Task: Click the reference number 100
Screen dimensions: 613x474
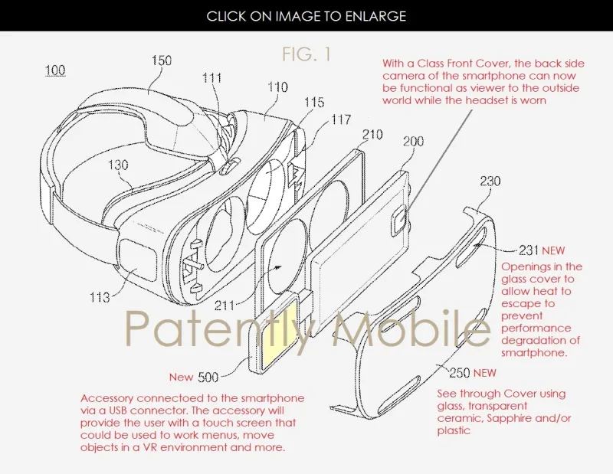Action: [55, 70]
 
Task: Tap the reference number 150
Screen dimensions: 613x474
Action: [161, 60]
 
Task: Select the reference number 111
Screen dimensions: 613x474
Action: [211, 78]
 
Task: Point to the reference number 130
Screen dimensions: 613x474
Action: [118, 165]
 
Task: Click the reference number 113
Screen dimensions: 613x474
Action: [100, 297]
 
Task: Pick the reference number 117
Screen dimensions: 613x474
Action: [340, 119]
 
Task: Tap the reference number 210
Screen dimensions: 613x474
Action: [372, 135]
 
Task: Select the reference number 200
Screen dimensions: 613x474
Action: [413, 141]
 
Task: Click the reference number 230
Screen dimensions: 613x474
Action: [490, 181]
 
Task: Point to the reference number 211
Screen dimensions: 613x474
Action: [225, 306]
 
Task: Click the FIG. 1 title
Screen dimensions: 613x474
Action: [306, 54]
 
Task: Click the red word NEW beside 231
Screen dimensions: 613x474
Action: [553, 250]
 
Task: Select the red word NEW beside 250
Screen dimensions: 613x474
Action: [484, 373]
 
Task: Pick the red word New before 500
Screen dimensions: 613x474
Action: [181, 377]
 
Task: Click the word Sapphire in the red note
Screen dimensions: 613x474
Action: [509, 419]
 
